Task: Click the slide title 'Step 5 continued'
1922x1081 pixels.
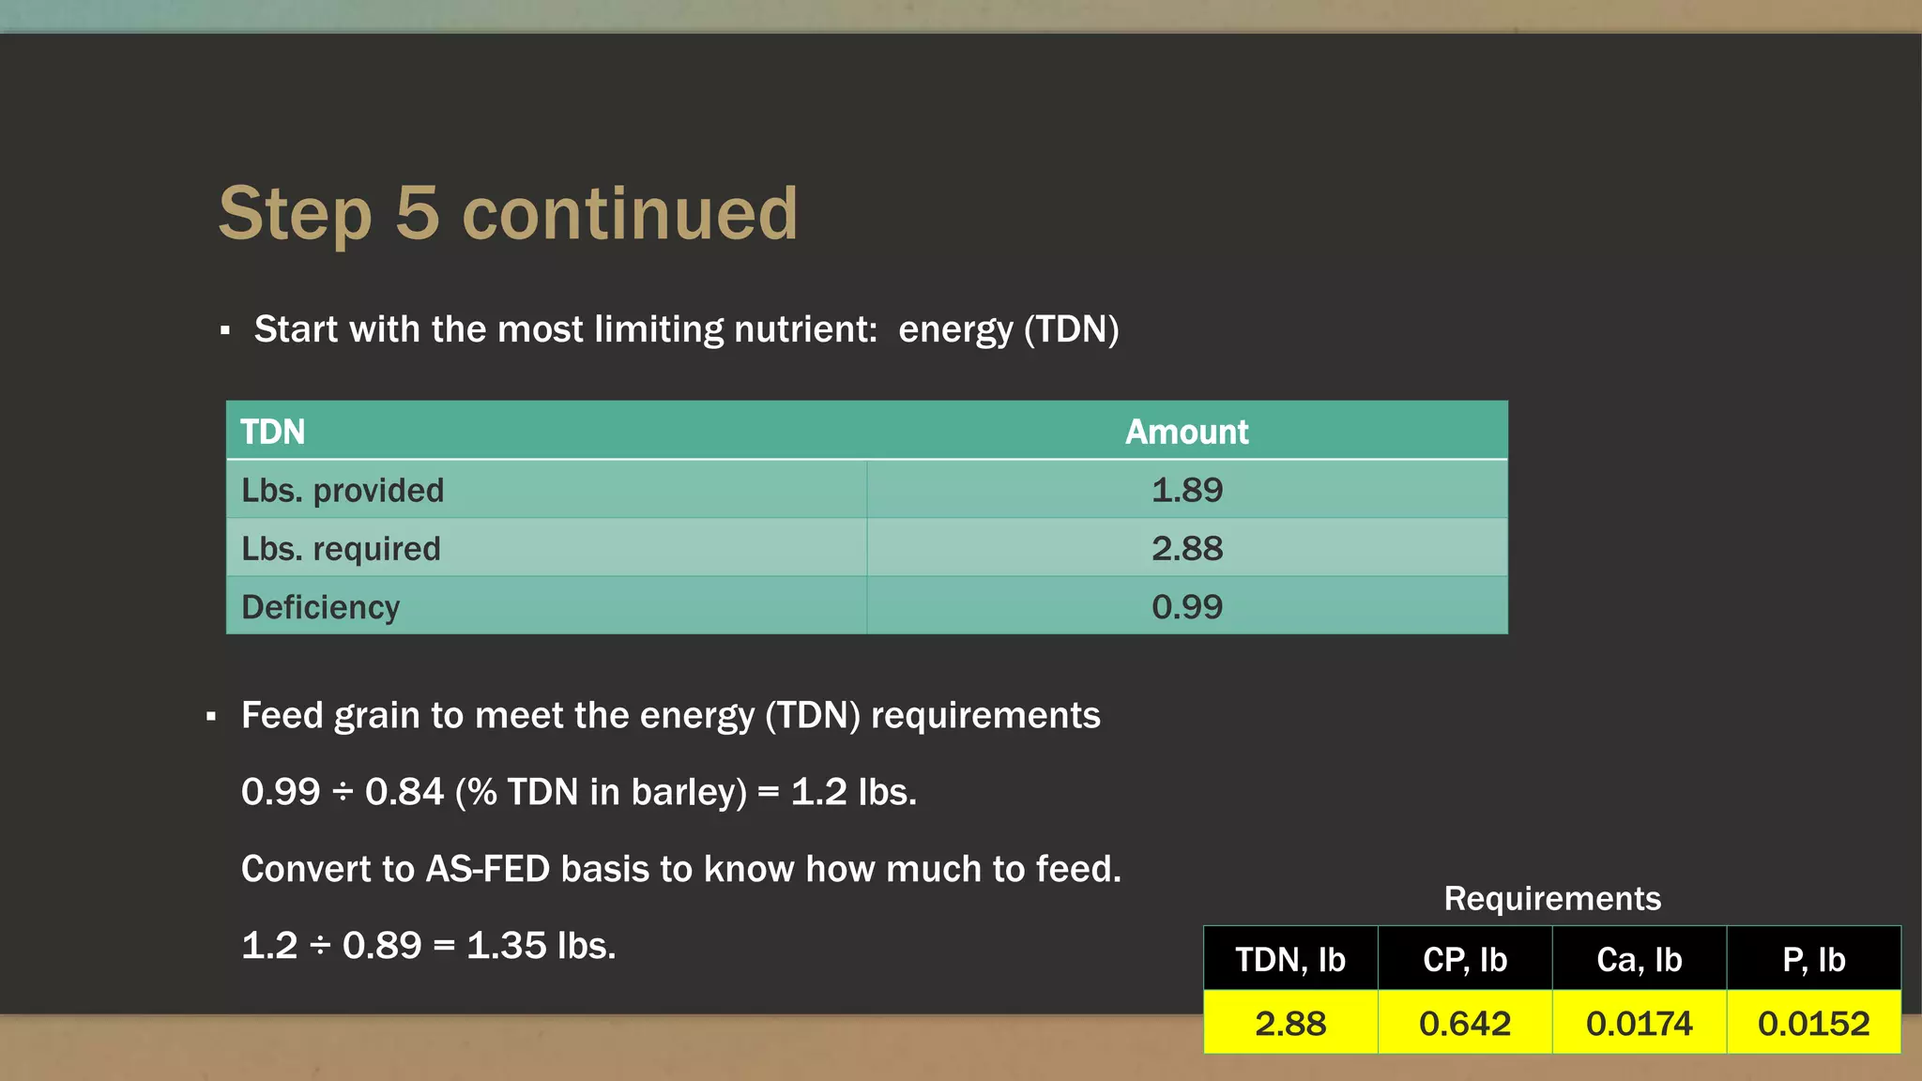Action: [508, 214]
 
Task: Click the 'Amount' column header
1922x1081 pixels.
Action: [1186, 432]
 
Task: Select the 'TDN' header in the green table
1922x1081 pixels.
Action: [273, 432]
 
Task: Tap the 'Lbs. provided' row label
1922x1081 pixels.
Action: [343, 490]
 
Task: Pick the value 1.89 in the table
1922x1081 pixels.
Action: [1187, 490]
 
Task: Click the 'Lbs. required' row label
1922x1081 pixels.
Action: [341, 549]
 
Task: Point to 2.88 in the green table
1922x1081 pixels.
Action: [1187, 549]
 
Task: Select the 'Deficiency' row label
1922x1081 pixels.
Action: [321, 607]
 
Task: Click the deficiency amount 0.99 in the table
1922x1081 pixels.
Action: [1187, 607]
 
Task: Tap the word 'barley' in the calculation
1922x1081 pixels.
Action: [689, 792]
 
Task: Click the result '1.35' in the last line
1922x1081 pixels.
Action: [507, 946]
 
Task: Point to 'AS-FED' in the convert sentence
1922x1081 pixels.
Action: [487, 869]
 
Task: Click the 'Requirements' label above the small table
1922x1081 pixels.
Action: [1552, 899]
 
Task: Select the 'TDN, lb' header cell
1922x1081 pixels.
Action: [1290, 960]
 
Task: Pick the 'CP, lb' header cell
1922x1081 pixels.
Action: [1465, 960]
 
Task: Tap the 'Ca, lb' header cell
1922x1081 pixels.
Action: [1640, 960]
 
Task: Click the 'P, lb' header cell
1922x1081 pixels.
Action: [1814, 960]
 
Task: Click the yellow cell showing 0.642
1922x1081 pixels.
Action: [1465, 1023]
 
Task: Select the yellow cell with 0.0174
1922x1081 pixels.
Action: [1640, 1023]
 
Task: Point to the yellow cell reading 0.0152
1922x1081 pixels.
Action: [1814, 1023]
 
